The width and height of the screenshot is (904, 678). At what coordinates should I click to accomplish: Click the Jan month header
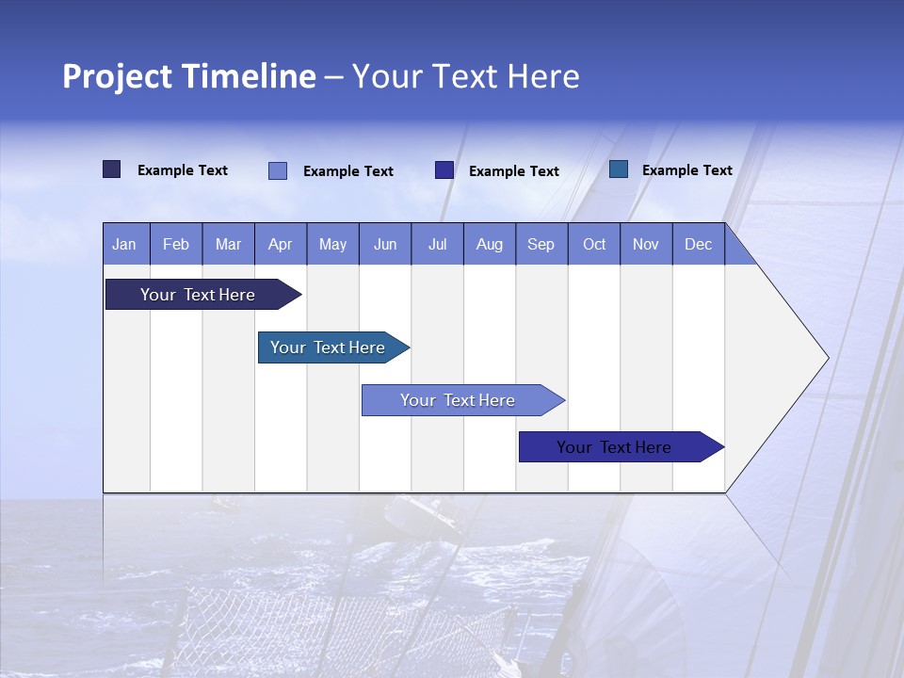pyautogui.click(x=124, y=244)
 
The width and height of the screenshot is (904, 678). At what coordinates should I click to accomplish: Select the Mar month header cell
pyautogui.click(x=228, y=244)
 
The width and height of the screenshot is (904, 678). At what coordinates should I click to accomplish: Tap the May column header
pyautogui.click(x=332, y=244)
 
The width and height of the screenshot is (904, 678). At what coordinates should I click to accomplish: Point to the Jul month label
pyautogui.click(x=437, y=244)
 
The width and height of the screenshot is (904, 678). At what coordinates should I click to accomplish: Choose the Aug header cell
pyautogui.click(x=489, y=244)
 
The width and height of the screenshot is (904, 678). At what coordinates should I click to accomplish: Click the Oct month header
pyautogui.click(x=594, y=244)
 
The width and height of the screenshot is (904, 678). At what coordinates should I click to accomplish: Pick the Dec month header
pyautogui.click(x=698, y=244)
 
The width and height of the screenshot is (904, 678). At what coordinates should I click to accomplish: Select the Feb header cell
pyautogui.click(x=176, y=244)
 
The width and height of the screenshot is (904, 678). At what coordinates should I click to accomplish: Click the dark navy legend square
pyautogui.click(x=111, y=169)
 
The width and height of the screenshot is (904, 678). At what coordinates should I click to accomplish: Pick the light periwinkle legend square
pyautogui.click(x=278, y=170)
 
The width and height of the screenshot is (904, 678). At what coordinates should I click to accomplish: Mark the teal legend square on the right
pyautogui.click(x=619, y=169)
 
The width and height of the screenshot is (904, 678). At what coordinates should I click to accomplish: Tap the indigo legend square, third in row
pyautogui.click(x=444, y=170)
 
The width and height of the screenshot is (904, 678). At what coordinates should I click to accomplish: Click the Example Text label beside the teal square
pyautogui.click(x=686, y=170)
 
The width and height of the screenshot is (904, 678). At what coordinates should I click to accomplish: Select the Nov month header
pyautogui.click(x=646, y=244)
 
